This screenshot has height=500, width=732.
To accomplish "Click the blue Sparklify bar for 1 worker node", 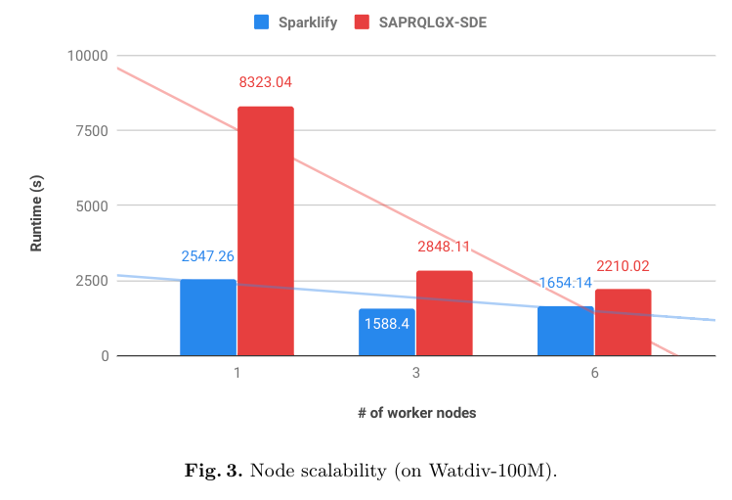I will tap(208, 317).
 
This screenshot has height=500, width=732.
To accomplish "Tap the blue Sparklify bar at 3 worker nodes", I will tap(387, 333).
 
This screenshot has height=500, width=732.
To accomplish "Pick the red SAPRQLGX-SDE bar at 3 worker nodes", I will tap(444, 313).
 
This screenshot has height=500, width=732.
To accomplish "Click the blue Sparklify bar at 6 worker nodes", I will tap(565, 331).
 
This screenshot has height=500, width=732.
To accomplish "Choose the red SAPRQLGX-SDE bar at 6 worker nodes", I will tap(623, 322).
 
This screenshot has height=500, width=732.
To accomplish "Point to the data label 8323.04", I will tap(265, 83).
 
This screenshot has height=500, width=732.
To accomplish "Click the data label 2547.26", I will tap(208, 256).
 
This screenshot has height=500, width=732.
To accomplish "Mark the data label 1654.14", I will tap(566, 283).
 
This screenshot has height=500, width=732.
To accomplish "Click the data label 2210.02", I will tap(623, 266).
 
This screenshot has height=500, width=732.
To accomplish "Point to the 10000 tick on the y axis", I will tap(87, 56).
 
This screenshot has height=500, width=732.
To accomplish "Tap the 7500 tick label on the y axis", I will tap(91, 130).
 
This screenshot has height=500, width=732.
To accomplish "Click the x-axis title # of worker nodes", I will tap(416, 413).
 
